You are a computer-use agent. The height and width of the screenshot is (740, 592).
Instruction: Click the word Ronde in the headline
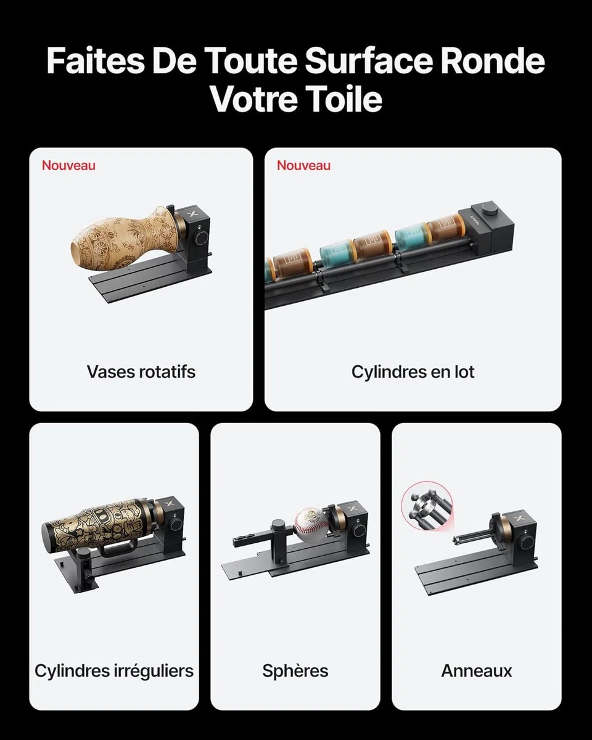coord(492,61)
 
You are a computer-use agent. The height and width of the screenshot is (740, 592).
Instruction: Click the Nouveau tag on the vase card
coord(68,165)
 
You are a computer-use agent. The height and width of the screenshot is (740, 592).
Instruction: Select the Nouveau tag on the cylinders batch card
coord(303,165)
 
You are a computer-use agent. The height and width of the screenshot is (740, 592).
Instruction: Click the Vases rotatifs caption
coord(141,372)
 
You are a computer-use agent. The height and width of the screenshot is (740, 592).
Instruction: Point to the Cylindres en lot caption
coord(413,372)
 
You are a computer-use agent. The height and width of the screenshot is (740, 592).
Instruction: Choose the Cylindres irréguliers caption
coord(114,670)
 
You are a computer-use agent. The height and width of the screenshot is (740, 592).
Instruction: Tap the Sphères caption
coord(295,670)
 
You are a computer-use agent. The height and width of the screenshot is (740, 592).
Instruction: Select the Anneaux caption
coord(477,670)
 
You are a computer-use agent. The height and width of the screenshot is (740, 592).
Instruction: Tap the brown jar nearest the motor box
coord(446,228)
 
